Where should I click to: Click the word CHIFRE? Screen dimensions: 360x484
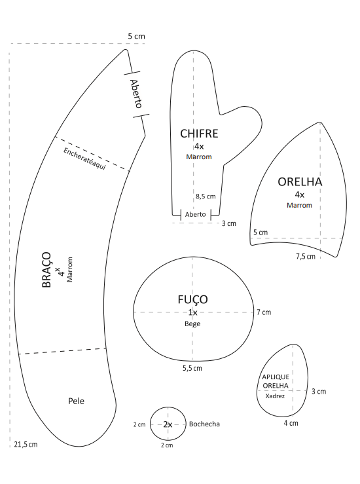point(199,134)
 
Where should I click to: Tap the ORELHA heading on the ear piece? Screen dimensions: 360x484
point(300,182)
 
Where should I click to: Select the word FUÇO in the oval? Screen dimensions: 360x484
point(192,300)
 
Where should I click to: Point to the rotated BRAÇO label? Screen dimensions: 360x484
point(46,270)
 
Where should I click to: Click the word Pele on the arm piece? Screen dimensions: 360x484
point(76,401)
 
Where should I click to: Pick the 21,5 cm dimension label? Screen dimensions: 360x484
point(26,445)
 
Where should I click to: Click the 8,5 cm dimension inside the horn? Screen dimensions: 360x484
point(206,196)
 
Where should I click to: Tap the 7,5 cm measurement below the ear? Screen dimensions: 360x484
point(306,256)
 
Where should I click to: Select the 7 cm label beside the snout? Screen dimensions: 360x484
point(264,312)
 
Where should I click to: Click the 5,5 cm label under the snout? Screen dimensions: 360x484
point(192,368)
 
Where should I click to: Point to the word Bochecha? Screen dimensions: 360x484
point(204,424)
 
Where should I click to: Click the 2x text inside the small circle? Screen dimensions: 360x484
point(168,424)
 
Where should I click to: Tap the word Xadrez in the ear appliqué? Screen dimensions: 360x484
point(275,396)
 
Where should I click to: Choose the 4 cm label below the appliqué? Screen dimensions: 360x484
point(291,423)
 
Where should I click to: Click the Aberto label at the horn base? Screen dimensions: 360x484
point(195,214)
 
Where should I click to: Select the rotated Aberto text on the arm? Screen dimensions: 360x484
point(136,94)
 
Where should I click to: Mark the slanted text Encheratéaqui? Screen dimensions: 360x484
point(84,158)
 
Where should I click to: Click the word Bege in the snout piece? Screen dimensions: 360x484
point(192,324)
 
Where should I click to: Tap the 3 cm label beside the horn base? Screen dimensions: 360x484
point(229,223)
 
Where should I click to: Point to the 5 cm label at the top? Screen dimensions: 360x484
point(136,36)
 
